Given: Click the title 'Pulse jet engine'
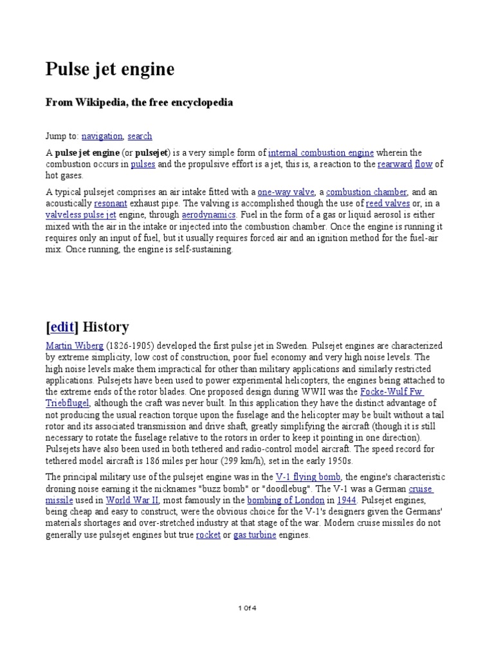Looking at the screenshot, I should point(110,70).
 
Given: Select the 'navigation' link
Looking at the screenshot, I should point(102,136).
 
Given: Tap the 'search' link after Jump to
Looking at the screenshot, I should point(140,136).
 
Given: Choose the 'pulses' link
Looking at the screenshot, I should point(143,165).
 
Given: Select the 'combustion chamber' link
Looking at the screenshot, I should point(367,192).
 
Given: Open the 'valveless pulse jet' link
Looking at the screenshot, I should point(80,215).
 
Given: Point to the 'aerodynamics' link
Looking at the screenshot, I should point(209,215).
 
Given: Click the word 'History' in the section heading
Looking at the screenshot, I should point(106,327).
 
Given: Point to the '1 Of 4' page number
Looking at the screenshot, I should point(247,608).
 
